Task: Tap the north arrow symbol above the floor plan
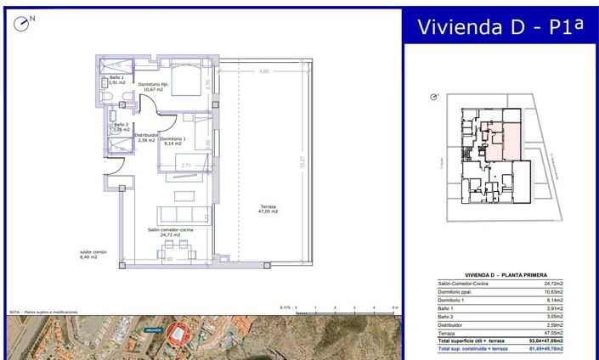pyautogui.click(x=23, y=23)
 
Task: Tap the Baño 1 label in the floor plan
pyautogui.click(x=117, y=80)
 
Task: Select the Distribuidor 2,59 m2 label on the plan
pyautogui.click(x=146, y=137)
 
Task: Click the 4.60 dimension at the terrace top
pyautogui.click(x=263, y=71)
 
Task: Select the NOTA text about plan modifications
pyautogui.click(x=42, y=312)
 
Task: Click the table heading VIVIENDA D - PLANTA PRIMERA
pyautogui.click(x=500, y=274)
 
